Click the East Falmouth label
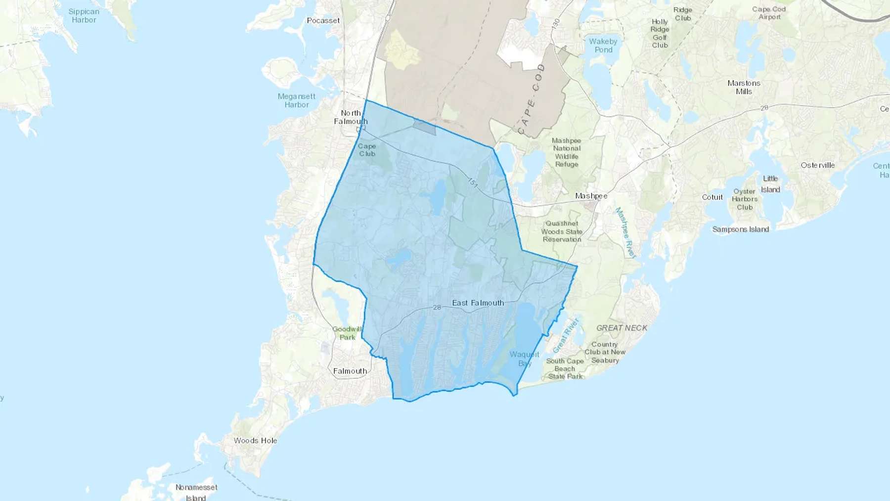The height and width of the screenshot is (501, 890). [478, 303]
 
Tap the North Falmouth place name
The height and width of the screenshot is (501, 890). [351, 117]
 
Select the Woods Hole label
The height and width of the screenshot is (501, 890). [255, 440]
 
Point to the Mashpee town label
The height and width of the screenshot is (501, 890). [591, 196]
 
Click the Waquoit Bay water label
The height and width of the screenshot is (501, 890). [524, 359]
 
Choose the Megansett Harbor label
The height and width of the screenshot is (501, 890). [296, 100]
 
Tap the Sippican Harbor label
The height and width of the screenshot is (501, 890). [84, 16]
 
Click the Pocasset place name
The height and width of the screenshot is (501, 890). [323, 21]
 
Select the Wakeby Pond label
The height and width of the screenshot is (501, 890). [603, 46]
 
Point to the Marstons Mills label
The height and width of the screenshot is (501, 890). [744, 87]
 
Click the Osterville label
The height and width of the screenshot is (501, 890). [817, 165]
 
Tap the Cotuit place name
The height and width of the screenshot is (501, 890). [712, 197]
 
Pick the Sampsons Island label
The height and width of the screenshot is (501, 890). [740, 229]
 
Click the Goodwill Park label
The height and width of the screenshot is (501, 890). [347, 333]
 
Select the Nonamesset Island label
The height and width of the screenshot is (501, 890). [196, 492]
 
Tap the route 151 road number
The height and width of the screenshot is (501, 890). [473, 183]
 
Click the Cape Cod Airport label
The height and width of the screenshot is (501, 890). [769, 13]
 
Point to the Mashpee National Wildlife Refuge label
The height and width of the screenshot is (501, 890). [567, 152]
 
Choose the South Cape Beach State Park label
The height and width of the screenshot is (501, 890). [565, 368]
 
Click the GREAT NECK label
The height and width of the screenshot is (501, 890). [622, 328]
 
